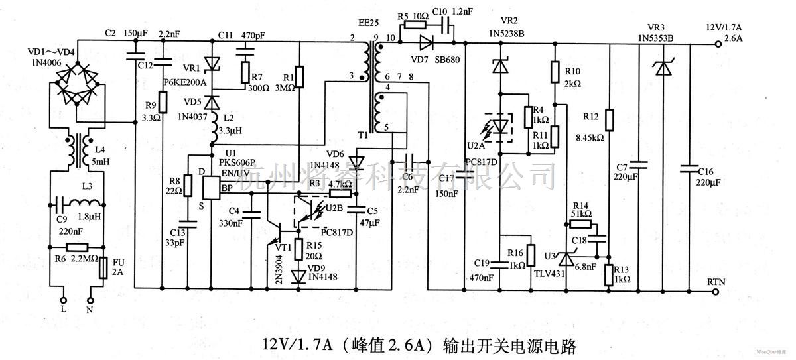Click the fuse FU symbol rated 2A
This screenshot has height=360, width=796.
103,269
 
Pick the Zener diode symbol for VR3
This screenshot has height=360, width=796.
660,66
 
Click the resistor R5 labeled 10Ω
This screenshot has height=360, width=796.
415,25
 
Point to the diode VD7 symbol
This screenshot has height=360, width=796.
424,43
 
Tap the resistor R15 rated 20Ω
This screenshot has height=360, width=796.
299,247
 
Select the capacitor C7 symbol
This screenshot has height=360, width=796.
638,165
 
